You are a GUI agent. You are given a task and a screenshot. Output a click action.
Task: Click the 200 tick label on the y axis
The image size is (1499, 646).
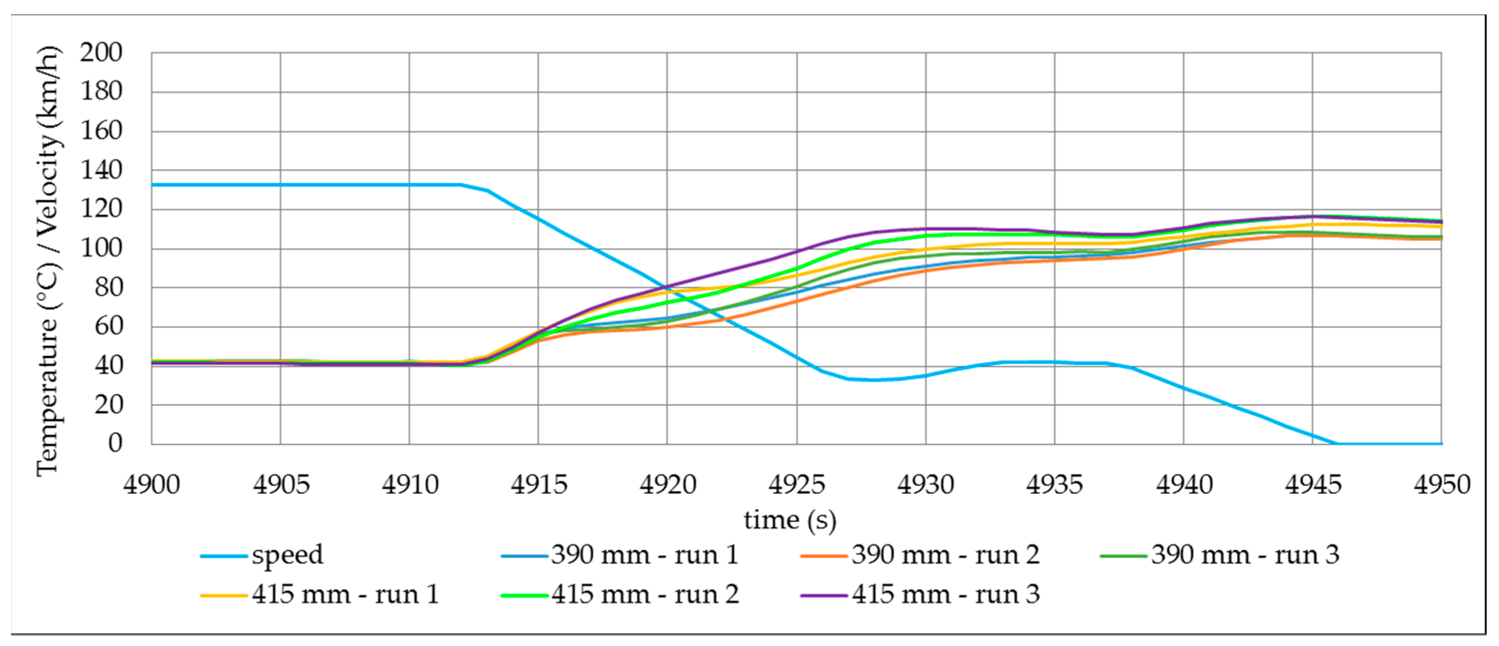pyautogui.click(x=101, y=53)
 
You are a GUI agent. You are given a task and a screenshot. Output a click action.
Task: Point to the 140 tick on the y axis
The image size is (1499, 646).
pyautogui.click(x=101, y=170)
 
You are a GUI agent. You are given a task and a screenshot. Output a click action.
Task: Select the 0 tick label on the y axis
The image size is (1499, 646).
pyautogui.click(x=115, y=443)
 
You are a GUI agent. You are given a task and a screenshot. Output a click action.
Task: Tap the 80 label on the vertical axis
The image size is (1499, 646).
pyautogui.click(x=108, y=287)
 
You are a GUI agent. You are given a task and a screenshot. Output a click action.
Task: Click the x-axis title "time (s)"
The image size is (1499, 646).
pyautogui.click(x=790, y=520)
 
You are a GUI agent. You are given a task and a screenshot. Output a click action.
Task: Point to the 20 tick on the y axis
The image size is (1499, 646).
pyautogui.click(x=108, y=405)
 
